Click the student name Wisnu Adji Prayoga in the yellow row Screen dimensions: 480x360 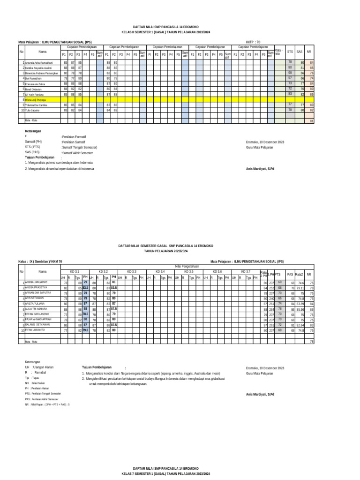pyautogui.click(x=36, y=100)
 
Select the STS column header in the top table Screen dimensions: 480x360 pyautogui.click(x=290, y=52)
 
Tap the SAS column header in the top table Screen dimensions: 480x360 pyautogui.click(x=300, y=52)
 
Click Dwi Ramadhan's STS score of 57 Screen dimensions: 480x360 pyautogui.click(x=290, y=78)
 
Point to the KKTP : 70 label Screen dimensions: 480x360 pyautogui.click(x=253, y=42)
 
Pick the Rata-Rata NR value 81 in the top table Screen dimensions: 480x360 pyautogui.click(x=312, y=121)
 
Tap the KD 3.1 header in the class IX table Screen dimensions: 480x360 pyautogui.click(x=75, y=271)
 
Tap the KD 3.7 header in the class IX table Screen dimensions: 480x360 pyautogui.click(x=246, y=271)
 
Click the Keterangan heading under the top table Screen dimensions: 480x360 pyautogui.click(x=33, y=131)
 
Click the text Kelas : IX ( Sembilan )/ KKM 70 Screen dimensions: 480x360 pyautogui.click(x=40, y=261)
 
